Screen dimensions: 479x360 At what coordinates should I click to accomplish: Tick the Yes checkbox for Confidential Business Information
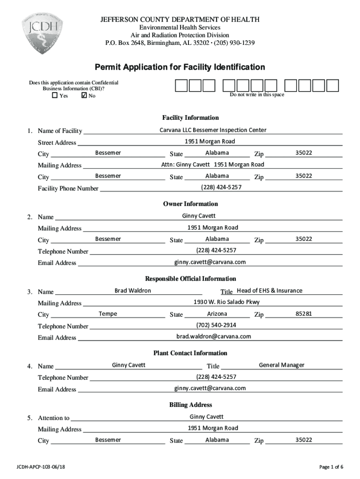pyautogui.click(x=55, y=95)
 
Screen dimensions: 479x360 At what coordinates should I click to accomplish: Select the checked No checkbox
pyautogui.click(x=84, y=95)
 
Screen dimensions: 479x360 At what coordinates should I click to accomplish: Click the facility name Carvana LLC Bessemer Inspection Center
pyautogui.click(x=213, y=130)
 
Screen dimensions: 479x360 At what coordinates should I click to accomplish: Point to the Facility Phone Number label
pyautogui.click(x=68, y=189)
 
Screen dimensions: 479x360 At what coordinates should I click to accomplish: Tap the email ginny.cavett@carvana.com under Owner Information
pyautogui.click(x=210, y=262)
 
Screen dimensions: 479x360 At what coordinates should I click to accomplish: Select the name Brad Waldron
pyautogui.click(x=133, y=290)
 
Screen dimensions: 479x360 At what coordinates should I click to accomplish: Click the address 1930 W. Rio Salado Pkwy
pyautogui.click(x=227, y=302)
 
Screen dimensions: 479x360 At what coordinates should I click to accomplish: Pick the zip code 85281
pyautogui.click(x=303, y=313)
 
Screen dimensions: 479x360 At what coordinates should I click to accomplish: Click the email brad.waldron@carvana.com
pyautogui.click(x=213, y=336)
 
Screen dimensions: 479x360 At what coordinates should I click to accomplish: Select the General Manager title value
pyautogui.click(x=281, y=365)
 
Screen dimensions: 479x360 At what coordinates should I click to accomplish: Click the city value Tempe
pyautogui.click(x=108, y=313)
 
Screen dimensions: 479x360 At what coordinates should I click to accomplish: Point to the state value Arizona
pyautogui.click(x=217, y=313)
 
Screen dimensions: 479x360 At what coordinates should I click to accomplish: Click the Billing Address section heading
pyautogui.click(x=190, y=405)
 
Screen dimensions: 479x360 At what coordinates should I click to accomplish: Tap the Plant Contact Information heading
pyautogui.click(x=190, y=353)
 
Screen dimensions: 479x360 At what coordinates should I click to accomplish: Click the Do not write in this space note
pyautogui.click(x=257, y=95)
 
